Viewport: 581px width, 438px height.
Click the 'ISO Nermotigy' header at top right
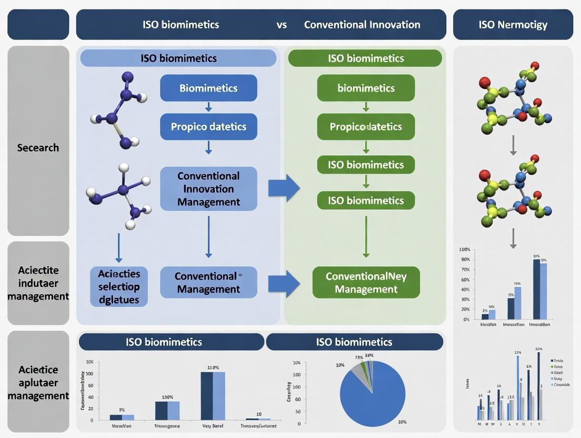pos(513,25)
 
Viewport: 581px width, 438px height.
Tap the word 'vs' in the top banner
pos(282,25)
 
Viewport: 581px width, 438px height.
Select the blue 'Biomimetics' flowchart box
pos(208,88)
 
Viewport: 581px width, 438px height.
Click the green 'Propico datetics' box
pos(366,127)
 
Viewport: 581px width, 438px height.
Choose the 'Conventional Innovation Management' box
pos(208,189)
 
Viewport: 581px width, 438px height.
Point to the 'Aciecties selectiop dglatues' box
pos(119,287)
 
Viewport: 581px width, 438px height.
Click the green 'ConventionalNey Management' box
pos(366,283)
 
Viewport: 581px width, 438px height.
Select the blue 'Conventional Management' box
pos(208,283)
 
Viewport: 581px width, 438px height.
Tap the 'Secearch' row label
pos(38,147)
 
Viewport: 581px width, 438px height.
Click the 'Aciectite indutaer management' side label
pos(38,283)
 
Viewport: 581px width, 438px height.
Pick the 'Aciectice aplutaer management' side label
pos(38,383)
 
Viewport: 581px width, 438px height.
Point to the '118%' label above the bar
pos(213,367)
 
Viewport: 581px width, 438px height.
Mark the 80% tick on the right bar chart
pos(465,260)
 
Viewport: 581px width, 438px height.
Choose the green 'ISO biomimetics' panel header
pos(366,58)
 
